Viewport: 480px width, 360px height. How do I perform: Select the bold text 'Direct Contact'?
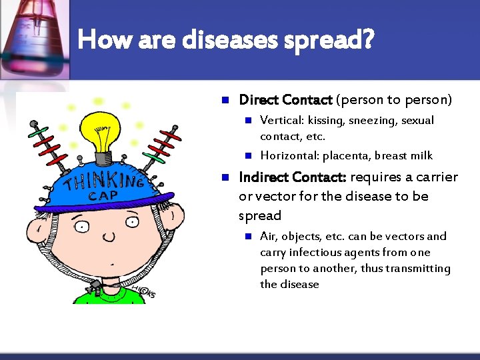click(x=285, y=100)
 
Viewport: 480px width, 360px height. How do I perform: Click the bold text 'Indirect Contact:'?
click(x=292, y=177)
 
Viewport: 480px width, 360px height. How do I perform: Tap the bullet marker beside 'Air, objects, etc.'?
click(x=247, y=236)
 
